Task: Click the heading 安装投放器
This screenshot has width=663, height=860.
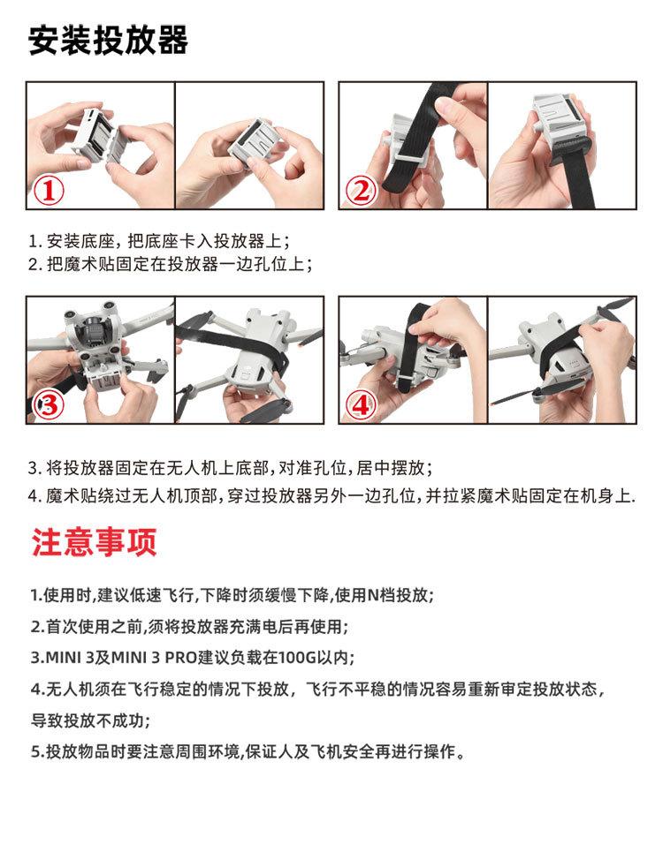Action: pos(108,40)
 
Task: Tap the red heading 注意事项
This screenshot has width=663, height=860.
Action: pos(94,542)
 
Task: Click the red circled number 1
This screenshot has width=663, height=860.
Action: pos(49,192)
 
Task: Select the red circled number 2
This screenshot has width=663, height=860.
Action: pos(362,192)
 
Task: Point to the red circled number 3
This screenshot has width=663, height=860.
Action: pos(49,405)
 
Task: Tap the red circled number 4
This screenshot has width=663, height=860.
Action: pos(361,405)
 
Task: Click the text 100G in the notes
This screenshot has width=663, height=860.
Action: pos(297,657)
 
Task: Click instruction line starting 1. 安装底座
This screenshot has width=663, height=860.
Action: pos(159,240)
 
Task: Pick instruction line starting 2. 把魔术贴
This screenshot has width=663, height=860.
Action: pos(171,264)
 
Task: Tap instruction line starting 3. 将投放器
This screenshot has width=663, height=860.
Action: pos(230,468)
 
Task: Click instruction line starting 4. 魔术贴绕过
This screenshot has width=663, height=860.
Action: pos(331,496)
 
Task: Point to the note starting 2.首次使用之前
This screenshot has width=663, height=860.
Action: pos(189,626)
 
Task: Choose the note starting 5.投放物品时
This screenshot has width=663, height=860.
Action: pos(248,751)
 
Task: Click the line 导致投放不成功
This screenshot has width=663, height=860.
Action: pos(91,720)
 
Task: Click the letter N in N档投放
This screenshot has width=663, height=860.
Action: pos(373,595)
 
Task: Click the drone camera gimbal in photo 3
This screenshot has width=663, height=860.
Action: pos(92,334)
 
